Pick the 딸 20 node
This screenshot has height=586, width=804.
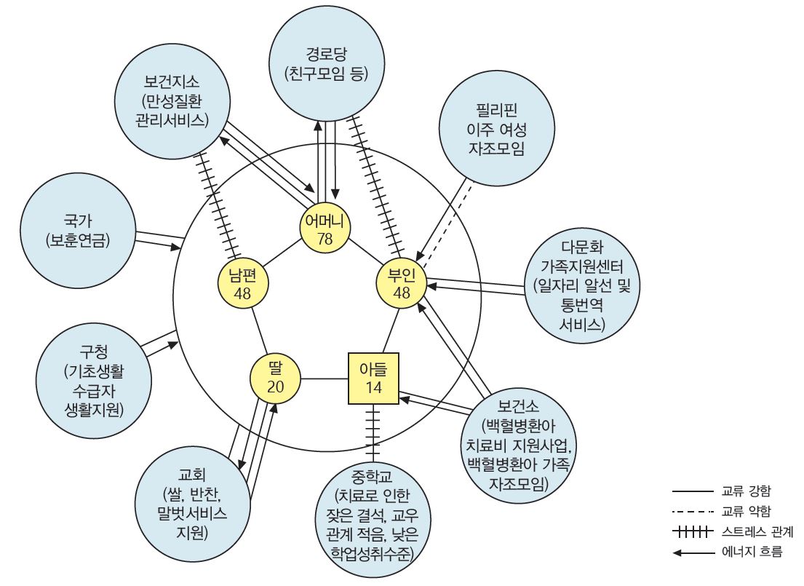(275, 377)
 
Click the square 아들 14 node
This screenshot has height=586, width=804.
(374, 378)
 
